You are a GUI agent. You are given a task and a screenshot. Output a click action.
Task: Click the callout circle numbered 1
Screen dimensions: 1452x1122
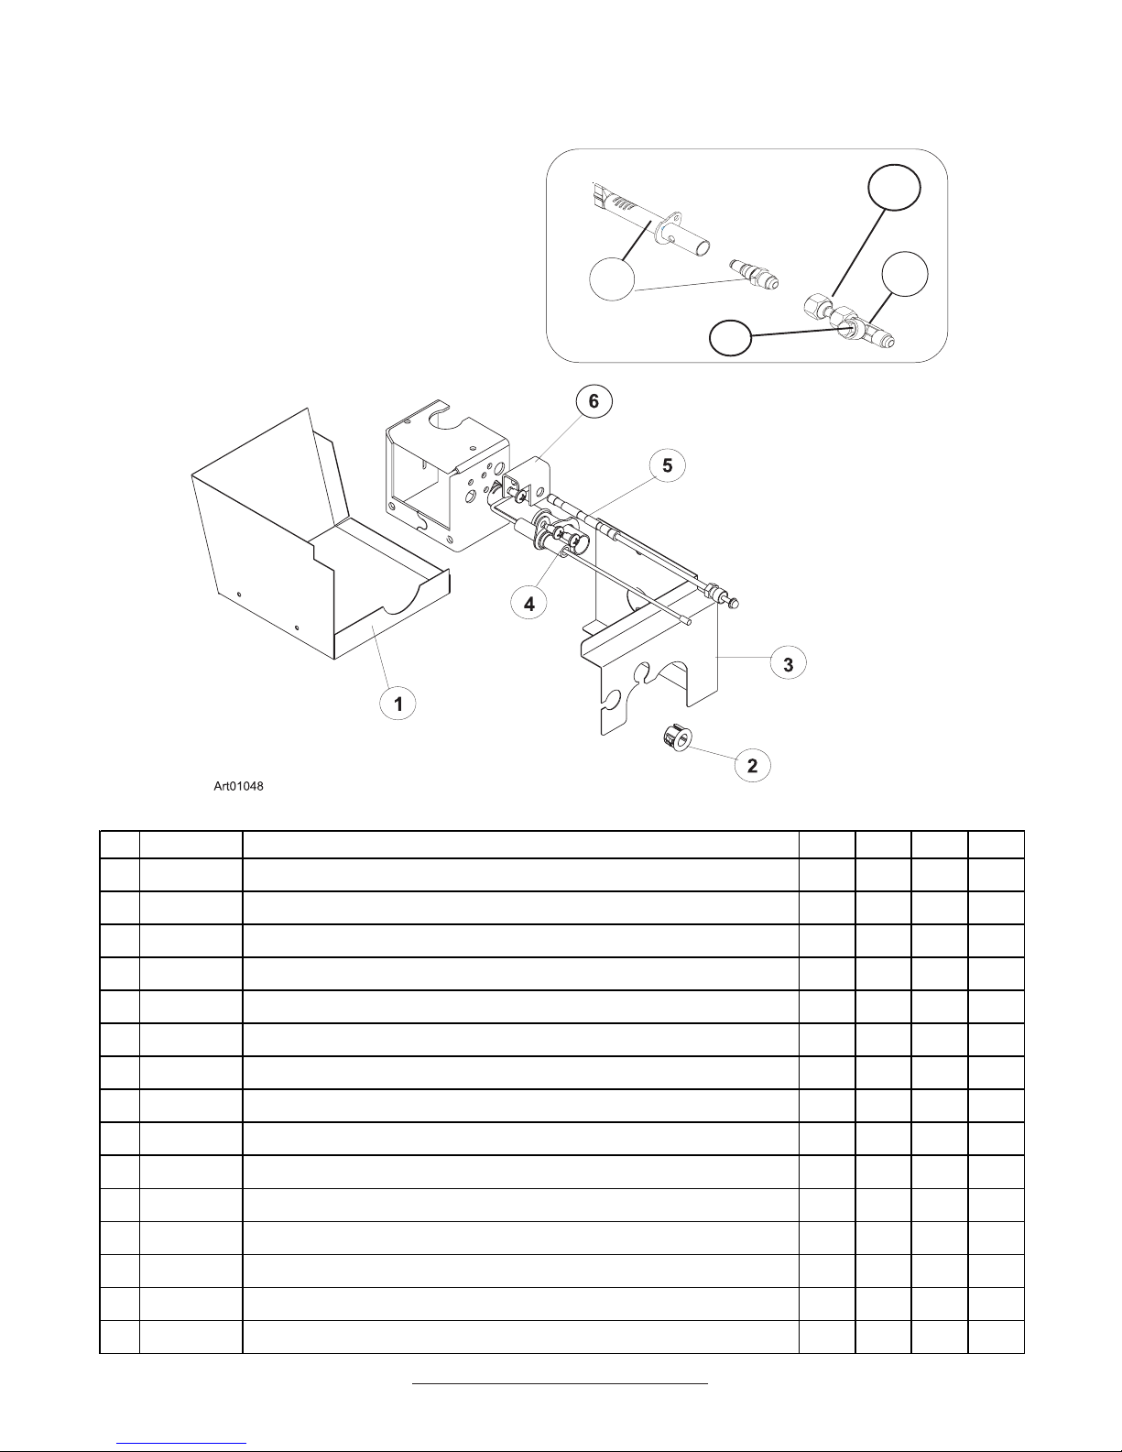click(x=398, y=704)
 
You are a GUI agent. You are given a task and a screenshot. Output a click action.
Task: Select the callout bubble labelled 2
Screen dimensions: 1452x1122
click(x=753, y=766)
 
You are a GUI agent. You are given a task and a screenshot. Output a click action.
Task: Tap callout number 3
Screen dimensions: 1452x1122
click(x=789, y=663)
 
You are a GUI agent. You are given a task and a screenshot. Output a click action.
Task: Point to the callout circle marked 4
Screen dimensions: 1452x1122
click(x=528, y=605)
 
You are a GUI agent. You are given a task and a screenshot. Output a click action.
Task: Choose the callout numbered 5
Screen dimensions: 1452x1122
click(x=668, y=465)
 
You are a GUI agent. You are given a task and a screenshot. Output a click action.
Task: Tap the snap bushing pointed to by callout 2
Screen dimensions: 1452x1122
click(x=676, y=738)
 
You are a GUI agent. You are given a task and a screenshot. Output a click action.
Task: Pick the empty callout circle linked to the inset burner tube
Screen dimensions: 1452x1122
click(x=611, y=278)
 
